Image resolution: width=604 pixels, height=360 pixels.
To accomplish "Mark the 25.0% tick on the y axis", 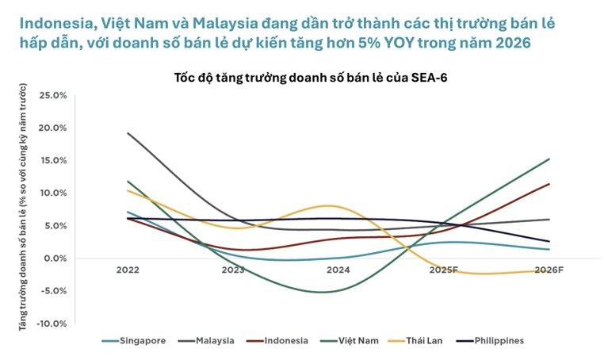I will (52, 95).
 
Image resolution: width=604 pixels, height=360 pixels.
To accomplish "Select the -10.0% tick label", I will (51, 324).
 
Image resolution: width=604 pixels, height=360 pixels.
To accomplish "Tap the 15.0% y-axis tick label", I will (52, 160).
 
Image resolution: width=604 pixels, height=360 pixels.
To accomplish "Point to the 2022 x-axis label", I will (128, 270).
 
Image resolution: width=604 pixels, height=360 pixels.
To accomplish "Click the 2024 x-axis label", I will (338, 270).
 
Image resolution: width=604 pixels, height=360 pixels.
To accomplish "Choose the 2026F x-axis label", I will (549, 270).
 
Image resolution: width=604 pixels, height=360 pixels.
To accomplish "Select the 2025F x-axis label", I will (444, 270).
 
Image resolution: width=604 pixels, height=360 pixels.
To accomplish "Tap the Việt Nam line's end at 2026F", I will (549, 159).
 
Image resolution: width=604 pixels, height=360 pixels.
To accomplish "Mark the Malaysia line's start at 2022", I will (128, 133).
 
